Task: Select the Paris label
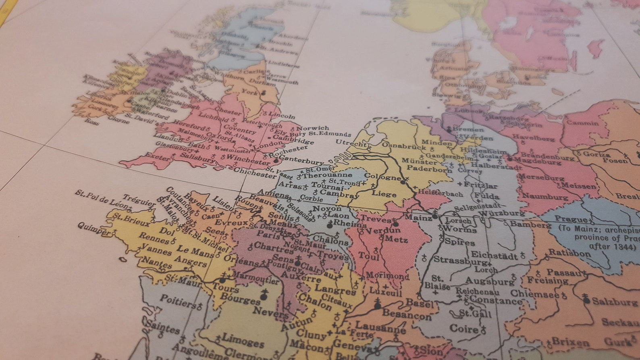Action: click(268, 234)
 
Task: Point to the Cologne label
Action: click(382, 176)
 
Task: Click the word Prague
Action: click(571, 219)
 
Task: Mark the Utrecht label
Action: click(351, 143)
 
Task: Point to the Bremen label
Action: click(468, 129)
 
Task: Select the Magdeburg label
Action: click(538, 161)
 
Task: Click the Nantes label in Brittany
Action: click(157, 263)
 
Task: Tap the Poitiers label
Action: click(178, 301)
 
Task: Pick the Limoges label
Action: click(243, 341)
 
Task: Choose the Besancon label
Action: click(406, 314)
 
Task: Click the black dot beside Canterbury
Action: click(276, 160)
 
